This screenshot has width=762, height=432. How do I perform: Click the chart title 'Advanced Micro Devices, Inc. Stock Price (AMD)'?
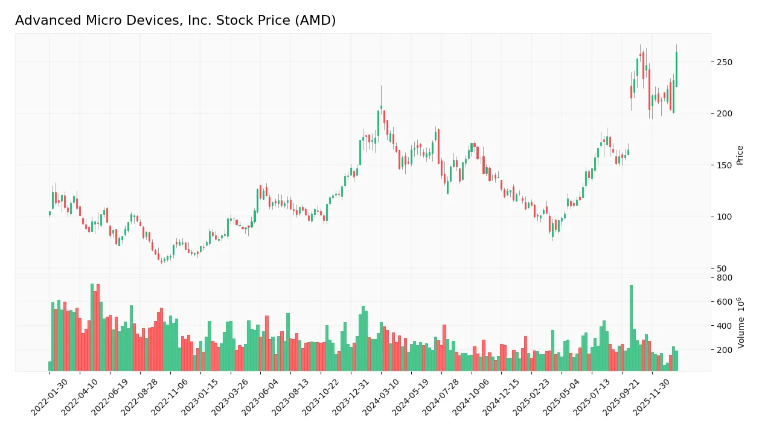tap(175, 21)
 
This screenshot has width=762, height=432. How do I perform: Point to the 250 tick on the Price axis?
tap(724, 62)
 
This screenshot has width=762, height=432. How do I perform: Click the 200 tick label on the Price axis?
tap(724, 114)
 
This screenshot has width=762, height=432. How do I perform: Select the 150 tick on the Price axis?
tap(724, 165)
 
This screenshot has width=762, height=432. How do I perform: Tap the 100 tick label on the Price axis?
tap(724, 217)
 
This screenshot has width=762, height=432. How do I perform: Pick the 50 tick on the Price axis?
tap(722, 268)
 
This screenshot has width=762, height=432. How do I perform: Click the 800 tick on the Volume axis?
tap(724, 278)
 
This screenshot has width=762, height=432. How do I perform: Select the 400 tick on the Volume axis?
tap(724, 326)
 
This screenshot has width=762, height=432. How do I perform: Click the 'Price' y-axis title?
tap(740, 155)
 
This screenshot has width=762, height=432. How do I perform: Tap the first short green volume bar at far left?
tap(50, 366)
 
